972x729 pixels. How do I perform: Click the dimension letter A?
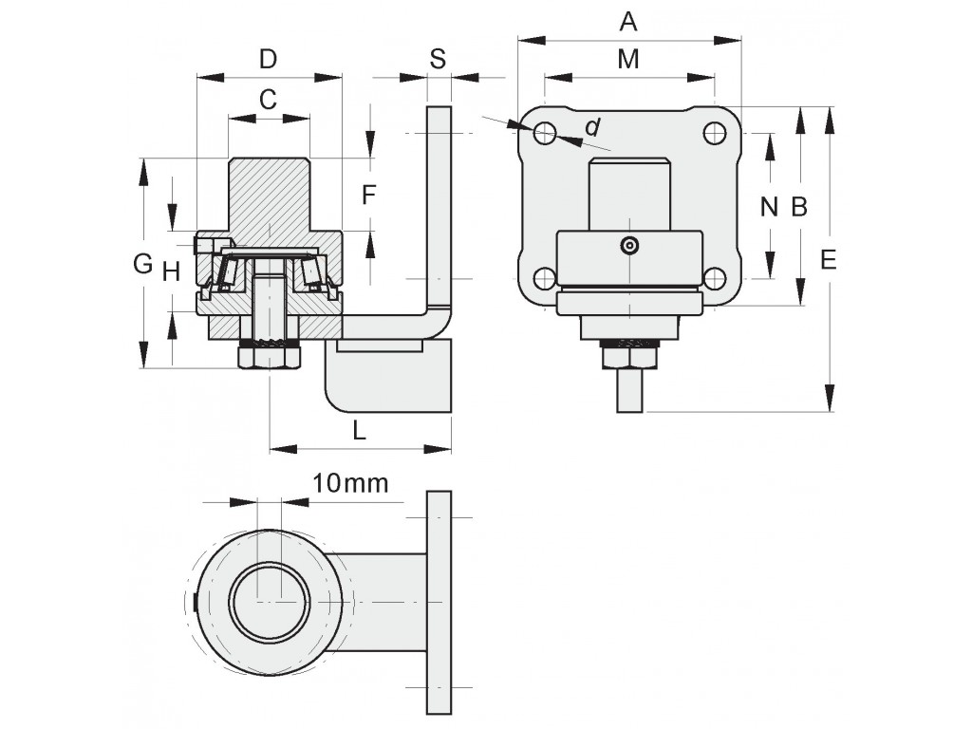pos(628,22)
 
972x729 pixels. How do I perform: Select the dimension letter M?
pos(628,60)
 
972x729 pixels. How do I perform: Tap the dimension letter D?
pos(268,60)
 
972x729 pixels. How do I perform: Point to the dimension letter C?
pos(268,99)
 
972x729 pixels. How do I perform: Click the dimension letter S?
pos(438,59)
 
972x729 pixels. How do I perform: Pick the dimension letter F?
pos(369,196)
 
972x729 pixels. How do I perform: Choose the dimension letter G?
pos(143,264)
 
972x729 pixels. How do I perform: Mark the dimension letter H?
pos(171,271)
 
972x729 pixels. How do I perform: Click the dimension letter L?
pos(360,430)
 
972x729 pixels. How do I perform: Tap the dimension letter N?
pos(769,206)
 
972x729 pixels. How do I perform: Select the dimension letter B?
pos(799,206)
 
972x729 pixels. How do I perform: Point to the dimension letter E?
pos(828,259)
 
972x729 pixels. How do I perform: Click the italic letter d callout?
pos(593,127)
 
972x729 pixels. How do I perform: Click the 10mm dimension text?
pos(350,483)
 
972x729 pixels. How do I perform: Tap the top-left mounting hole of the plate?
pos(545,133)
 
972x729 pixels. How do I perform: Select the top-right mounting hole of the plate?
pos(715,133)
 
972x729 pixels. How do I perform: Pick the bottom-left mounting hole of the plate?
pos(545,278)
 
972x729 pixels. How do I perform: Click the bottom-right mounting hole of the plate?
pos(715,278)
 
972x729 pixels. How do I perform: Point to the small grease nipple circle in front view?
pos(630,246)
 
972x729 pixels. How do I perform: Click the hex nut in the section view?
pos(270,358)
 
